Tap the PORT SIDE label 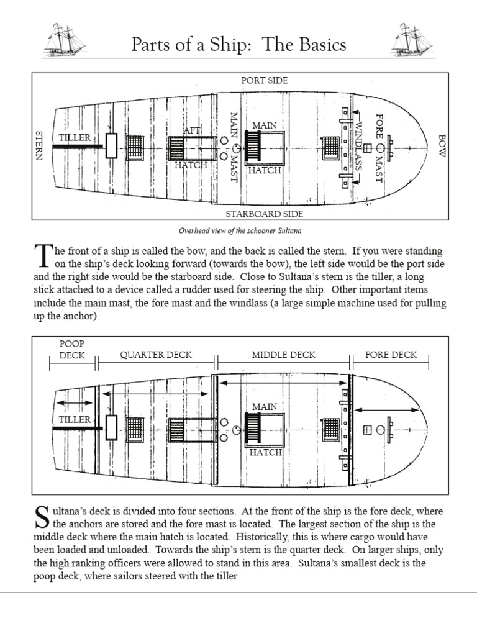(x=264, y=81)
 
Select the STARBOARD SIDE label (x=264, y=214)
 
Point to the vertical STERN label (x=40, y=147)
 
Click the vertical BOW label (x=442, y=147)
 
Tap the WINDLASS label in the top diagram (x=360, y=147)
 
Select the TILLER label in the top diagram (x=75, y=137)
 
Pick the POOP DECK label (x=71, y=350)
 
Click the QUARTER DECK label (x=156, y=355)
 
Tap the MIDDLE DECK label (x=283, y=355)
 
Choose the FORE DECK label (x=391, y=355)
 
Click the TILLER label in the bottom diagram (x=75, y=419)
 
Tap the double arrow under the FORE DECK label (x=389, y=409)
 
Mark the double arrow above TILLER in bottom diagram (x=75, y=404)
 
